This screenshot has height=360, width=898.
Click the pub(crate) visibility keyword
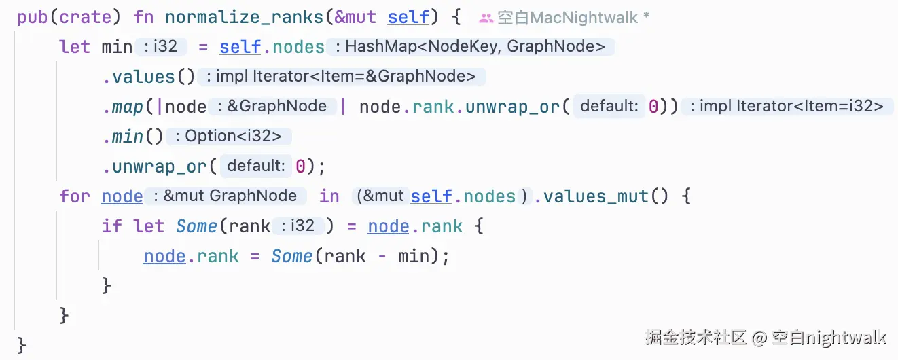64,17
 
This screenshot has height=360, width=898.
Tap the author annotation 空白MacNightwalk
568,18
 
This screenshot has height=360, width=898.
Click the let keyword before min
74,47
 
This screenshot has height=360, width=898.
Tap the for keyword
74,196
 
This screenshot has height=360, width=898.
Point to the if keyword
111,226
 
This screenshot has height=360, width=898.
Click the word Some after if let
196,226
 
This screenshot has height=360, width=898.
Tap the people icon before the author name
486,18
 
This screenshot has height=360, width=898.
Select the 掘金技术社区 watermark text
696,337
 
